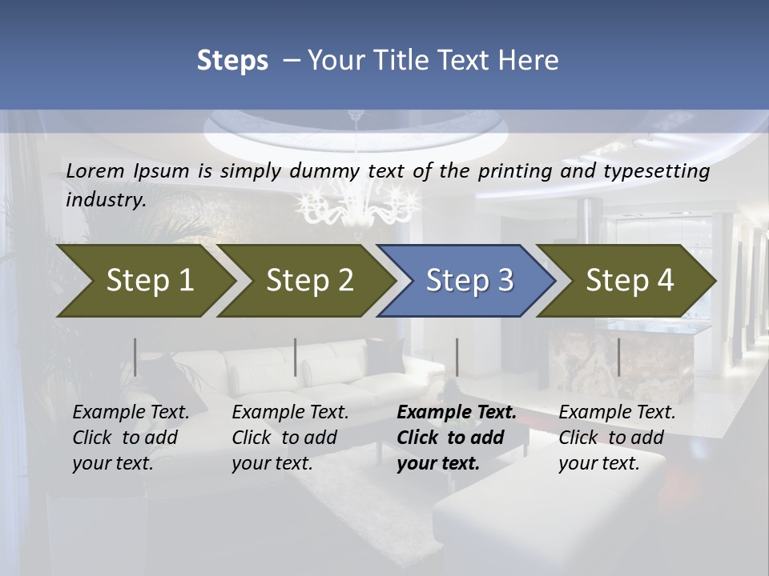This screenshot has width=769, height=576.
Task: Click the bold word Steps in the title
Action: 232,61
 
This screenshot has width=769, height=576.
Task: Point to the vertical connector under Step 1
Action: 135,357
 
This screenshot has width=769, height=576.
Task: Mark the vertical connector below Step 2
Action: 296,357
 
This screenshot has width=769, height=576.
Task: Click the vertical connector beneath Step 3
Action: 457,357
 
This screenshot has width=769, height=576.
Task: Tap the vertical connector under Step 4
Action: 618,357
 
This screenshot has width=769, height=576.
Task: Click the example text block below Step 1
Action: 131,438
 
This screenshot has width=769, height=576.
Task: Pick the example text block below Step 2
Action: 290,438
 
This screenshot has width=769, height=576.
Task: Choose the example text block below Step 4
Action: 617,438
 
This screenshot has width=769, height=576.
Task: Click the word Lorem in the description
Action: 95,171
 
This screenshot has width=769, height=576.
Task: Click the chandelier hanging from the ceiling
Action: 360,204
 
